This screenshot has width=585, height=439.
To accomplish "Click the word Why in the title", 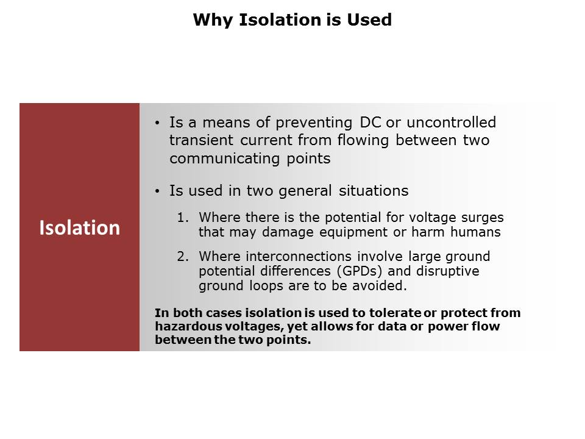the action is point(213,20).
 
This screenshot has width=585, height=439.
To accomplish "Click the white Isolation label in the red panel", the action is point(79,227).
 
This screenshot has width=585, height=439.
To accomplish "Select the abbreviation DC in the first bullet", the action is point(370,123).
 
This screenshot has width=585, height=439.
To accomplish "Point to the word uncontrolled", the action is point(451,123).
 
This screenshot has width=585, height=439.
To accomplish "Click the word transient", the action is point(202,140).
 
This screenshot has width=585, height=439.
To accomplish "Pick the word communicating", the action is point(225,159).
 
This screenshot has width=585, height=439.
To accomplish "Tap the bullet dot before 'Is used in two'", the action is point(157,191).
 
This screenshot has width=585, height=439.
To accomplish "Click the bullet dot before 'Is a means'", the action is point(157,123).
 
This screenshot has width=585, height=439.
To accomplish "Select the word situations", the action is point(374,191).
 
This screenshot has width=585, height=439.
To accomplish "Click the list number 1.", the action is point(183,217).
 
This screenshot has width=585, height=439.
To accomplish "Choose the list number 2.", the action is point(183,257).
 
